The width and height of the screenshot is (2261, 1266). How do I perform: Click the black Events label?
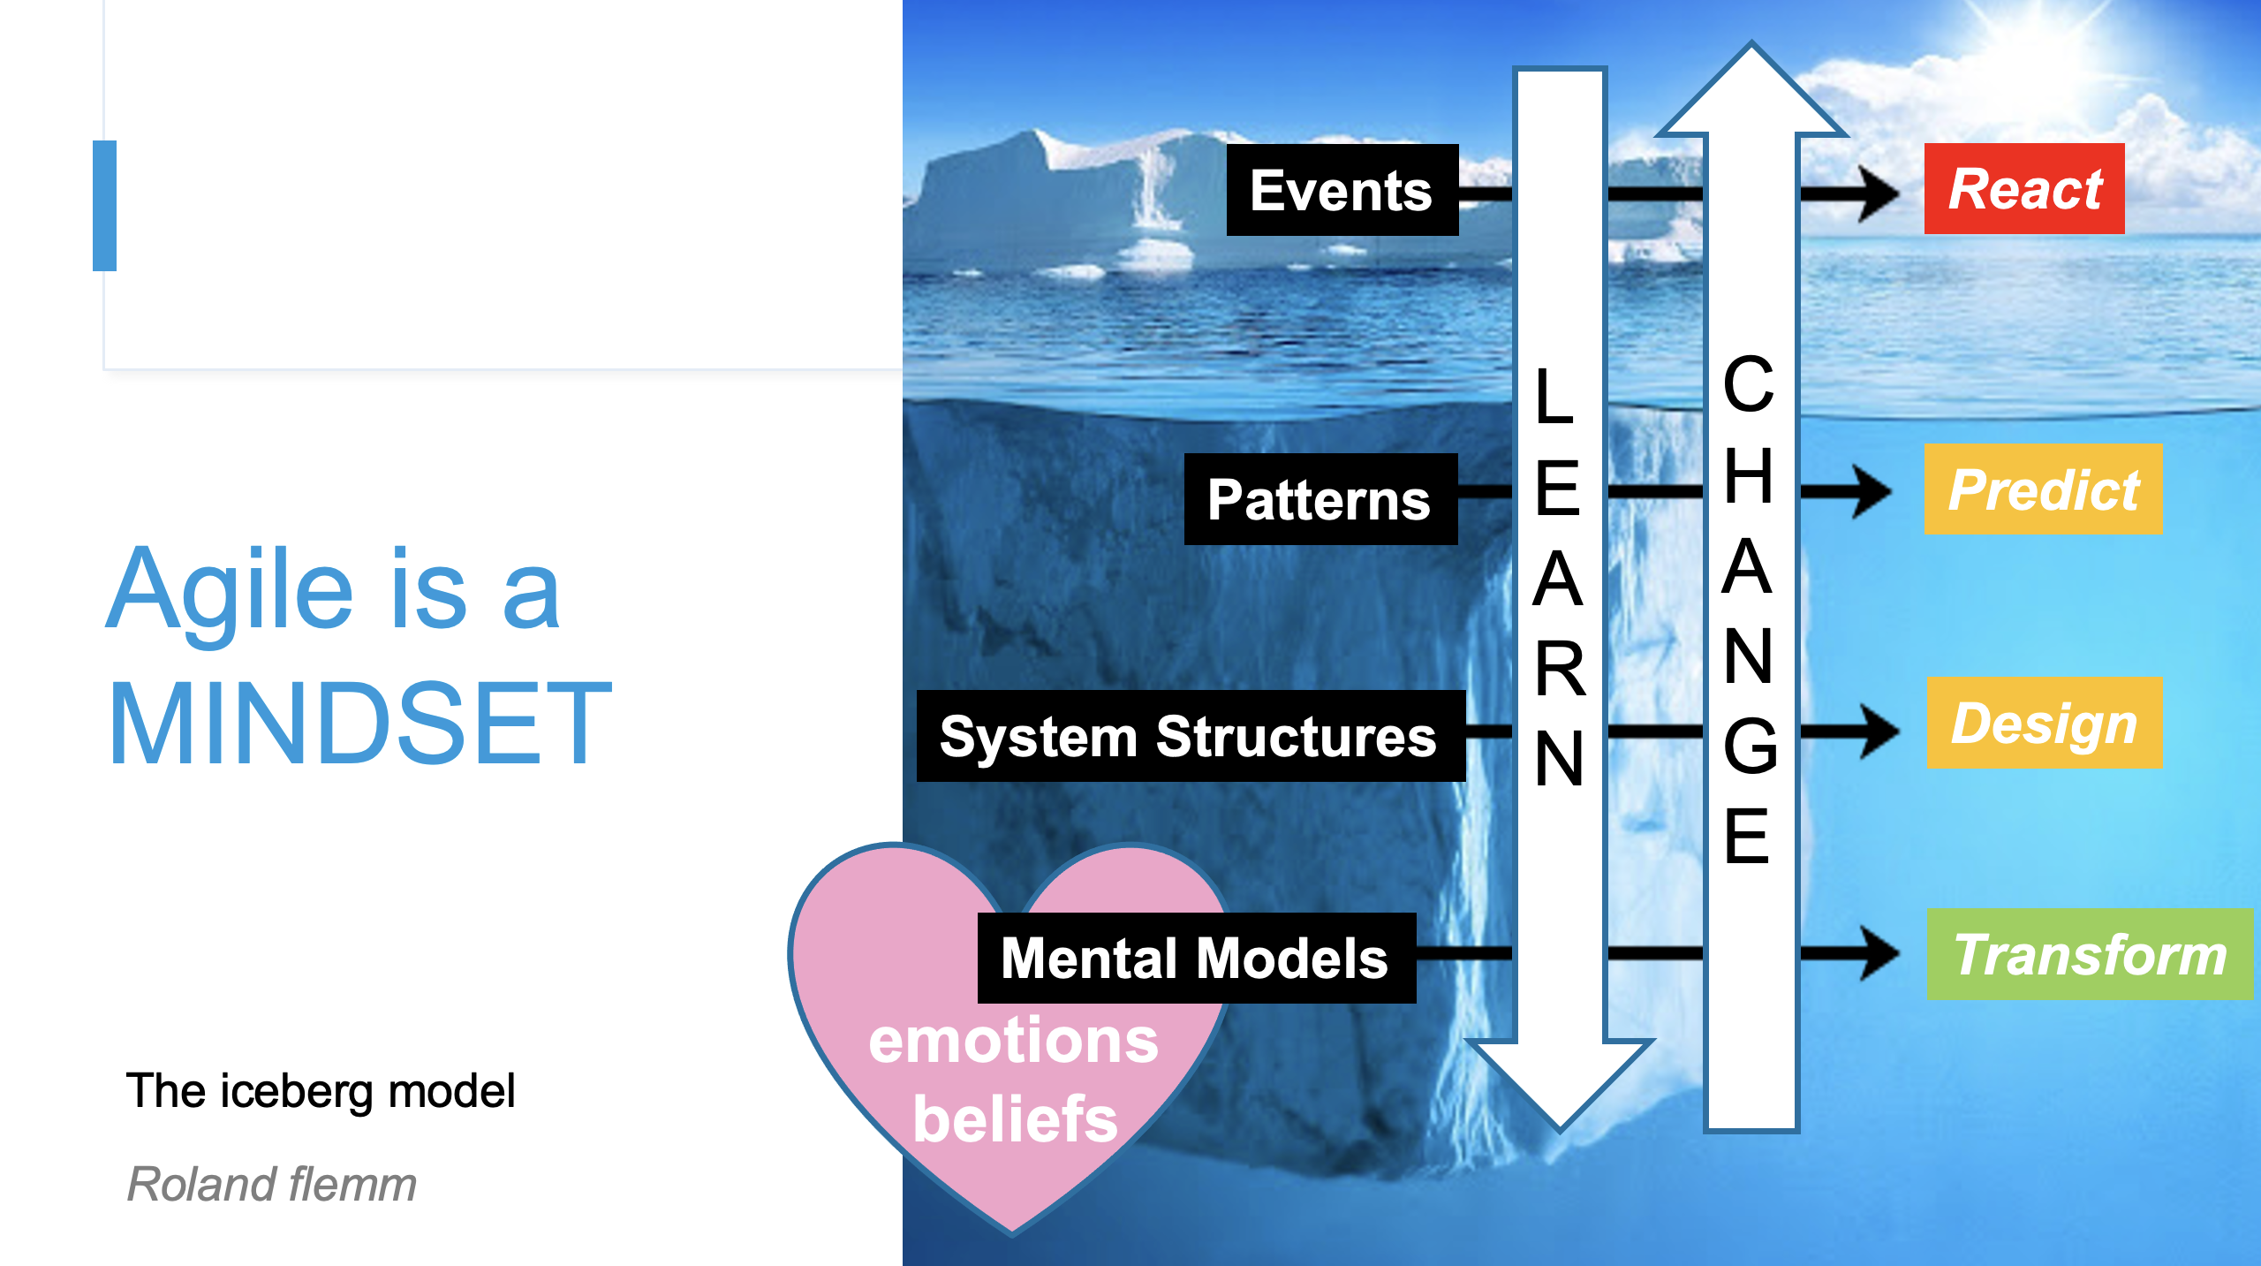pos(1342,190)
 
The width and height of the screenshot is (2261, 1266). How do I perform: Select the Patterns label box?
pos(1320,499)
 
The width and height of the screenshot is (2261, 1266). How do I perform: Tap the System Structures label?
pos(1191,736)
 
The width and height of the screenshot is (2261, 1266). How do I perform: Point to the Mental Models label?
pos(1197,958)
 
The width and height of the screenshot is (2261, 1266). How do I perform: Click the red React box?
pos(2024,189)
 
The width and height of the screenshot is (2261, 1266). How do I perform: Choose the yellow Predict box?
pos(2044,489)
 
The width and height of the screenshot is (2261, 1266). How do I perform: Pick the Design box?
pos(2045,723)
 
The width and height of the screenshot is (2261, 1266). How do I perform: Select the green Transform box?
pos(2090,954)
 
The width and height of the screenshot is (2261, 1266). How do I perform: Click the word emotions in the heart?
pos(1013,1041)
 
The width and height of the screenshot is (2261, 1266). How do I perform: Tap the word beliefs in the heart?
pos(1016,1118)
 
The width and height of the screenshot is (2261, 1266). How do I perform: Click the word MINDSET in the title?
pos(359,723)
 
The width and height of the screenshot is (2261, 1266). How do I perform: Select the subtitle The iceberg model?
pos(321,1091)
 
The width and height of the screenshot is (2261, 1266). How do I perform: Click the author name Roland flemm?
pos(272,1184)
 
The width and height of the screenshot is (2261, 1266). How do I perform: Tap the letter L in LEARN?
pos(1555,397)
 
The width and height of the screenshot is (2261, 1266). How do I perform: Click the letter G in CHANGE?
pos(1750,746)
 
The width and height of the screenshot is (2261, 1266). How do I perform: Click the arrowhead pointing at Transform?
pos(1879,952)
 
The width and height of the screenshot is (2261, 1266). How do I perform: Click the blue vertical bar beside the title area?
pos(104,206)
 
